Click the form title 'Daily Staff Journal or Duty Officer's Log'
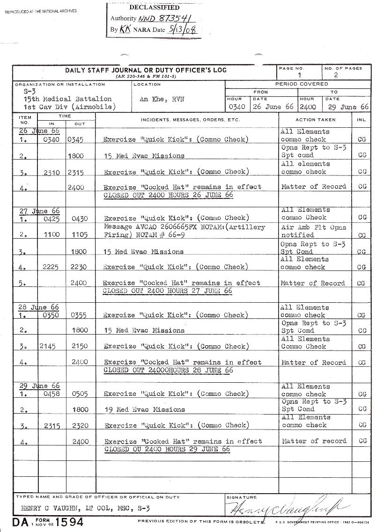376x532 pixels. [x=145, y=70]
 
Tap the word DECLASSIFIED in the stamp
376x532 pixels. [x=154, y=7]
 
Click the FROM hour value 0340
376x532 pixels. [x=234, y=107]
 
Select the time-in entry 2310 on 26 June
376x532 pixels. [x=52, y=173]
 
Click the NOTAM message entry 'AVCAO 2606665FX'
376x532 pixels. [x=184, y=227]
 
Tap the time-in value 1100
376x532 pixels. [x=52, y=235]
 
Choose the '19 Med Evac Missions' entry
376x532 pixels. [x=144, y=410]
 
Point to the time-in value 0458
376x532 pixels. [x=52, y=394]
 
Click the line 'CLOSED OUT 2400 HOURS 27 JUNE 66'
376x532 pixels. [x=168, y=291]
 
